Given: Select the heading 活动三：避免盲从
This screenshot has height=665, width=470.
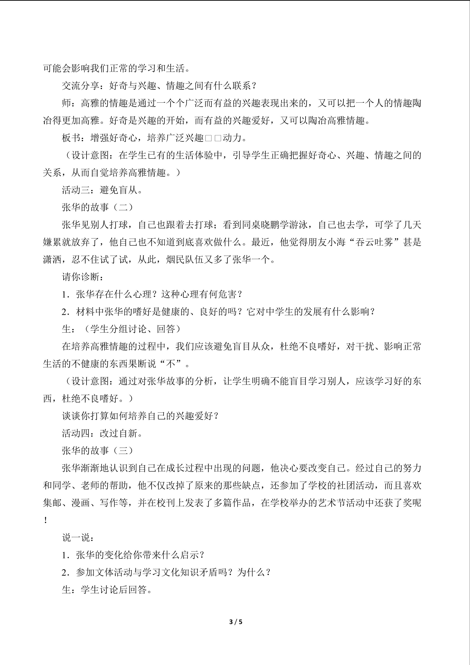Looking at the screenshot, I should [102, 190].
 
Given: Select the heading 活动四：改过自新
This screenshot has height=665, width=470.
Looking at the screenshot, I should [102, 433].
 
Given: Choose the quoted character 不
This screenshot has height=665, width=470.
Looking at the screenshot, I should [171, 364].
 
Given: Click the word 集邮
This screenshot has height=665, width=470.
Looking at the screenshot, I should [52, 503].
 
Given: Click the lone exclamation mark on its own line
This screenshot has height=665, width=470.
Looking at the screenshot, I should [46, 520].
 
